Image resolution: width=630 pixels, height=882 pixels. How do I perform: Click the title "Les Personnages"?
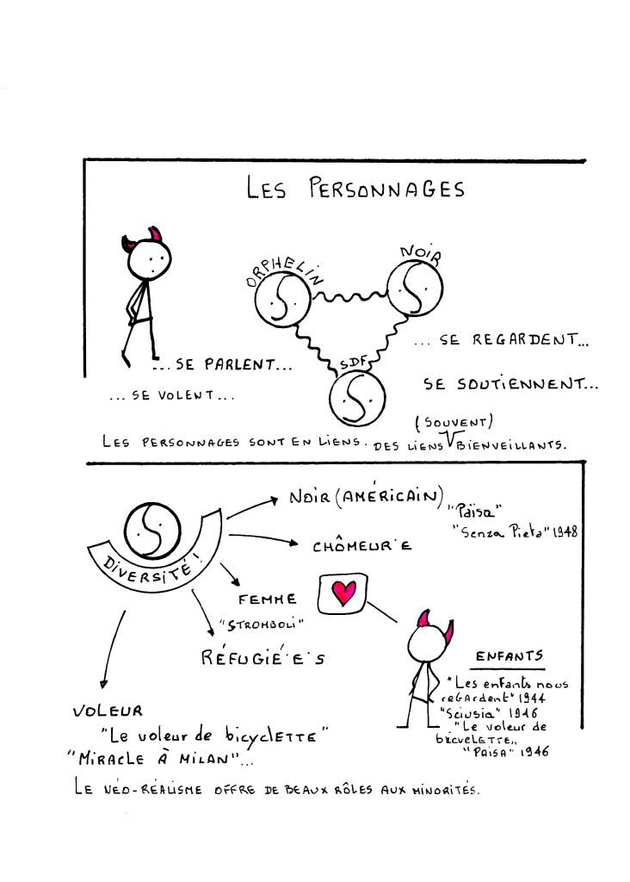355,188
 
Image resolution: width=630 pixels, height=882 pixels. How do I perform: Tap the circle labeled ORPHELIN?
282,299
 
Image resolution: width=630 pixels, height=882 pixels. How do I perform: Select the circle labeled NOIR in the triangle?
415,288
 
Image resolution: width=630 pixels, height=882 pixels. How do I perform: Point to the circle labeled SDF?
357,398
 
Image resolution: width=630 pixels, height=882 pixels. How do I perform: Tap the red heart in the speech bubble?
343,593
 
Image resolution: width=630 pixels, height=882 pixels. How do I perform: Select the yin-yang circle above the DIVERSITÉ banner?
152,531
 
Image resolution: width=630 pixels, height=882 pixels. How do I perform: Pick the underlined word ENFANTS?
510,655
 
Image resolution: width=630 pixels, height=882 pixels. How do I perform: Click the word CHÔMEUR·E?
362,546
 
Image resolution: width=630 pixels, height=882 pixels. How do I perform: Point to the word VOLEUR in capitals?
108,711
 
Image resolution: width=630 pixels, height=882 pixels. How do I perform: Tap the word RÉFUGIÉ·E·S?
263,657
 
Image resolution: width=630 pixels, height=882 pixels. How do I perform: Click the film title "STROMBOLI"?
262,624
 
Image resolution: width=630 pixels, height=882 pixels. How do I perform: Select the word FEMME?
267,599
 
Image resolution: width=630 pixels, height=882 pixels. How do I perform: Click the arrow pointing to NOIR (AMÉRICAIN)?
252,506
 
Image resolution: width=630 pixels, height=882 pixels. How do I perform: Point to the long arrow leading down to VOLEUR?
113,649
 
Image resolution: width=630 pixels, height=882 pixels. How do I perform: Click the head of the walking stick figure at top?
147,258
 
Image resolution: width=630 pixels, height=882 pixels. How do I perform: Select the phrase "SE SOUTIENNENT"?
510,384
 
